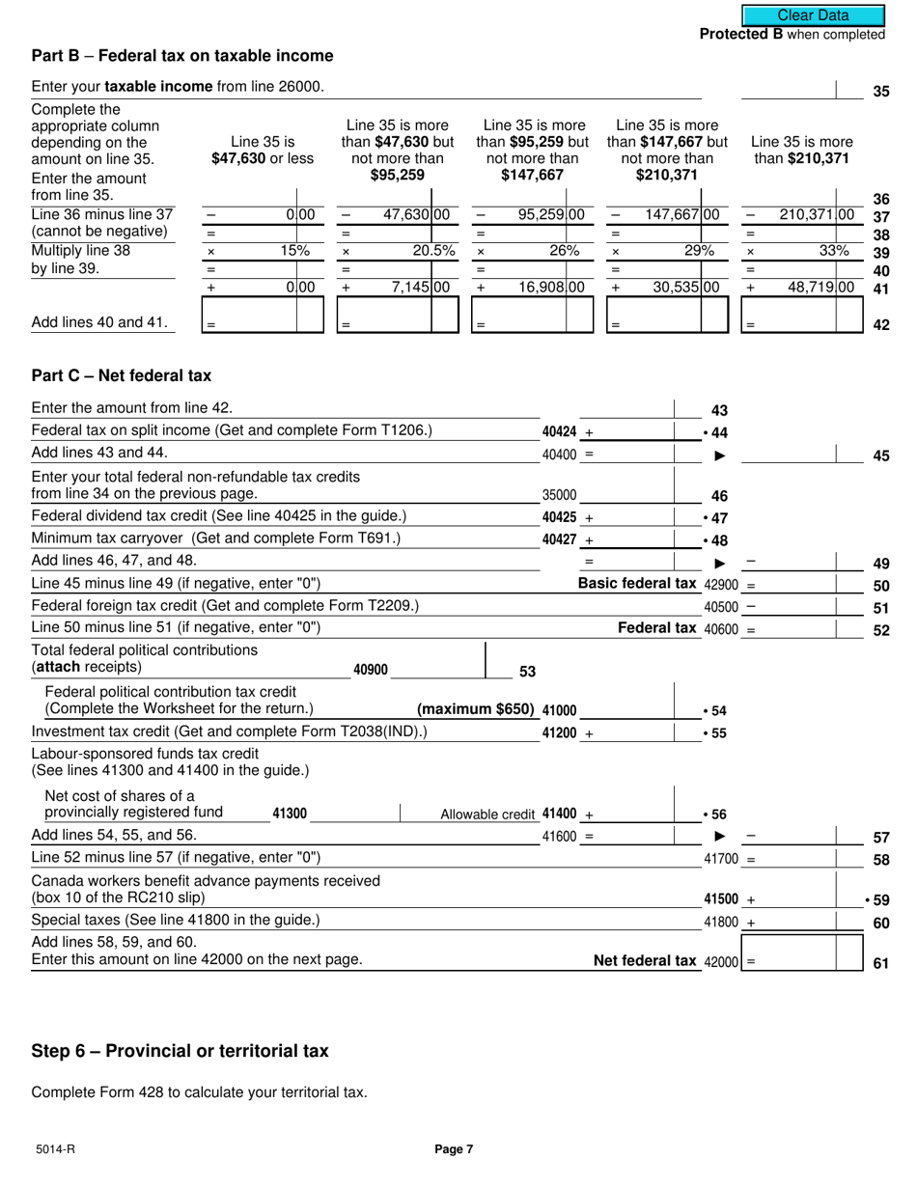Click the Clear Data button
tap(813, 14)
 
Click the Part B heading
tap(182, 56)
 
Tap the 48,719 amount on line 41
tap(819, 287)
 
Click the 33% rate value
tap(834, 251)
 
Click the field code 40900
tap(371, 670)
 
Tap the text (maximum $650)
tap(475, 709)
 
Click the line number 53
tap(527, 672)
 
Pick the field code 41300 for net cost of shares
tap(290, 814)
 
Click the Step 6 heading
tap(180, 1051)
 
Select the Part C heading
tap(121, 375)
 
